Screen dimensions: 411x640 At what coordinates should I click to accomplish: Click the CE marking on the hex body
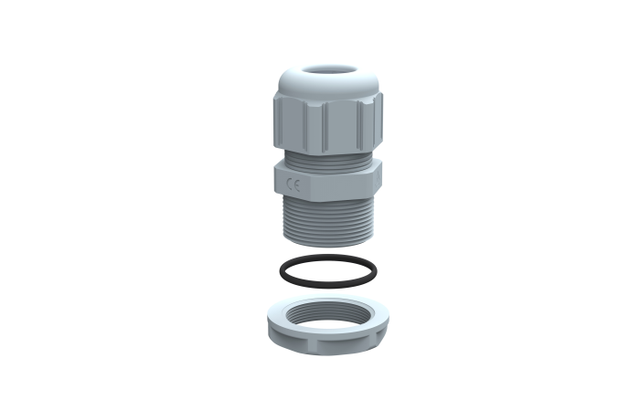[x=293, y=184]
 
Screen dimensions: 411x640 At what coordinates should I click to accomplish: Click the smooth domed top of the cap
[x=302, y=80]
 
